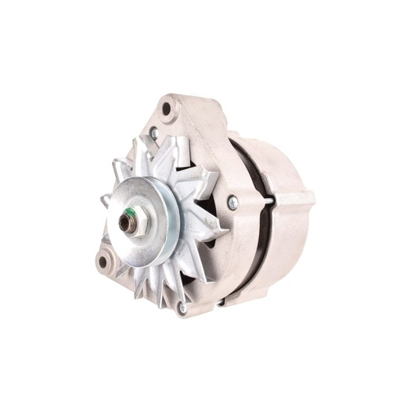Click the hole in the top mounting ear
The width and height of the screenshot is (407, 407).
(166, 108)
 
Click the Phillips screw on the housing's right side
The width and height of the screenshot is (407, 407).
(232, 203)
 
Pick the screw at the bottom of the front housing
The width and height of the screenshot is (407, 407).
(182, 308)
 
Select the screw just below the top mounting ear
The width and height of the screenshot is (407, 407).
(154, 134)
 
